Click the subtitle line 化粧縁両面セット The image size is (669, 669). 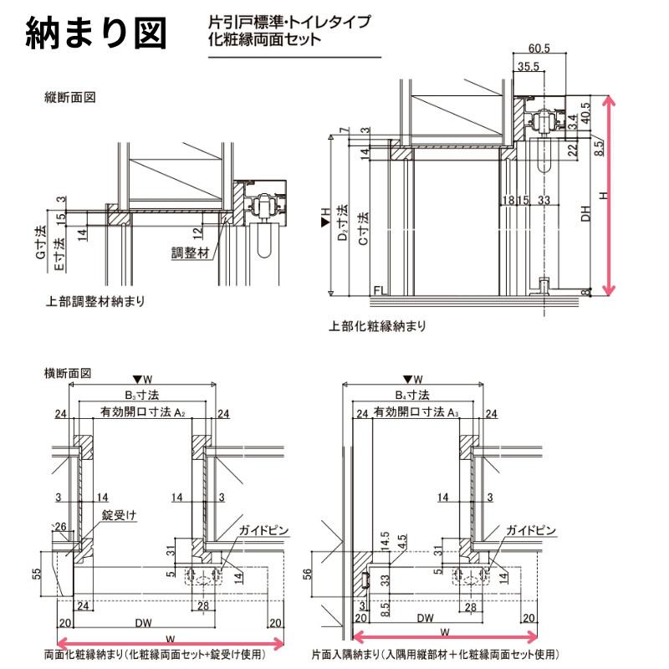[264, 38]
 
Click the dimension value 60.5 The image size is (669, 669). [539, 49]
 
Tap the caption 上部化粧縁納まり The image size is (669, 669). [377, 326]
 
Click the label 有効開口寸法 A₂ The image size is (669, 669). [142, 412]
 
